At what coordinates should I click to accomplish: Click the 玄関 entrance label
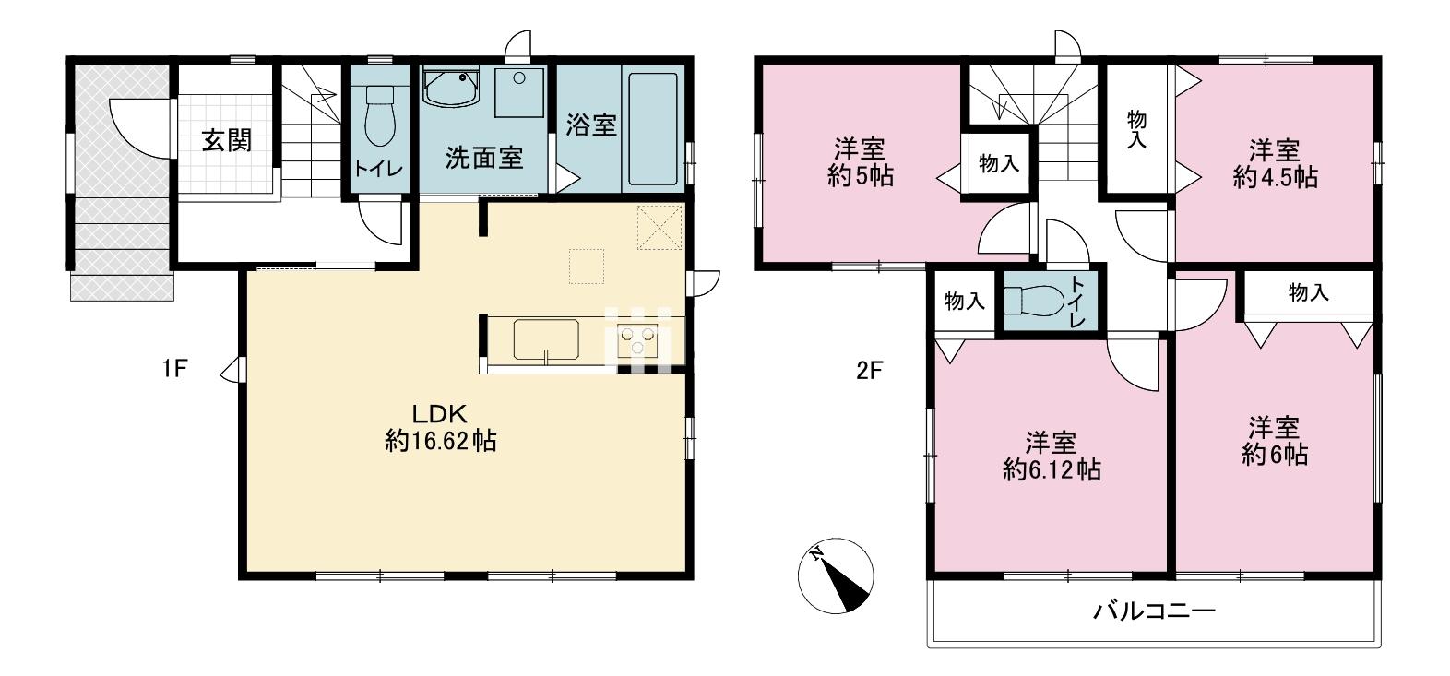tap(227, 140)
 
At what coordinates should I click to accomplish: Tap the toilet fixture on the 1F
tap(380, 115)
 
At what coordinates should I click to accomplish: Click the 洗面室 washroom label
tap(483, 158)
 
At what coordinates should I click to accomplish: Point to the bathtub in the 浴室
tap(653, 128)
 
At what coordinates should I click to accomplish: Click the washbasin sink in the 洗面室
tap(451, 88)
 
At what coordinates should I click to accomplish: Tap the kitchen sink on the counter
tap(546, 339)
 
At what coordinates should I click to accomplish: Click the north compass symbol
tap(837, 575)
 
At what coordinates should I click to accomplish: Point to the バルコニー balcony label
tap(1155, 611)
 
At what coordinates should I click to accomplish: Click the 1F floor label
tap(174, 368)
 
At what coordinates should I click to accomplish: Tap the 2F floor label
tap(869, 371)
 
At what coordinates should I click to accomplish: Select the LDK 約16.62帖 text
tap(441, 427)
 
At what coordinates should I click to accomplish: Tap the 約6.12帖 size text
tap(1052, 469)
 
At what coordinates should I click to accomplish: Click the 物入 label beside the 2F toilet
tap(965, 301)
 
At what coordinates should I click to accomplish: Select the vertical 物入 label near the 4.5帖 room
tap(1136, 129)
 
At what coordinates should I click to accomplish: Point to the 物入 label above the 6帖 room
tap(1308, 292)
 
